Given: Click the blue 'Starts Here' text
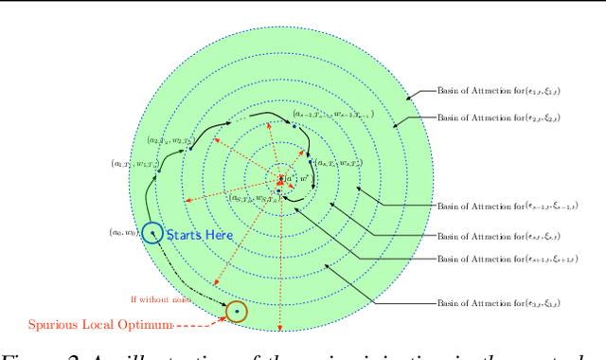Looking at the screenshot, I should pos(199,234).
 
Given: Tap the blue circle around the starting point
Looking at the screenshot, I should pos(151,232).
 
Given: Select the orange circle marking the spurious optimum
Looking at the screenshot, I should pos(236,310).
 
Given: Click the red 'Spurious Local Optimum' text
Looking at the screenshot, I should pos(100,325).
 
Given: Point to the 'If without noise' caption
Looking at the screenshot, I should pos(160,299).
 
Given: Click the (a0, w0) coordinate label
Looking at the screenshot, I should pos(123,232).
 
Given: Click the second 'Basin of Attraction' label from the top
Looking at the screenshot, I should pos(498,118).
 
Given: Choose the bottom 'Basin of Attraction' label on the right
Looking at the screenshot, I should pos(498,303).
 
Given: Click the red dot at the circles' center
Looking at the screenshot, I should pos(280,177).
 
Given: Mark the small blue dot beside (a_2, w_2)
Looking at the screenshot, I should pos(190,148).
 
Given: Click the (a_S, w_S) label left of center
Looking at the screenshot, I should pos(254,198).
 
